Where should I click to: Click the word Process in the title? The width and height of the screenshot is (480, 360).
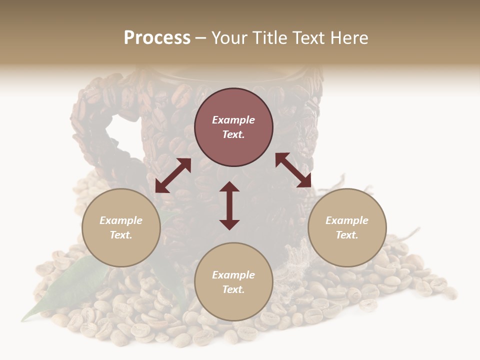pyautogui.click(x=157, y=38)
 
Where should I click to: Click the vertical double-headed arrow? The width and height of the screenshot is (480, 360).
pyautogui.click(x=229, y=206)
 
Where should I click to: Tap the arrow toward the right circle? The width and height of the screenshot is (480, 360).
pyautogui.click(x=293, y=170)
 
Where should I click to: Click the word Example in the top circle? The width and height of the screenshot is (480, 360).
pyautogui.click(x=233, y=120)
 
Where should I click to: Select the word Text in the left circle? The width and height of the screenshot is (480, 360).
pyautogui.click(x=121, y=235)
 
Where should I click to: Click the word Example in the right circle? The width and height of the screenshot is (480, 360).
pyautogui.click(x=347, y=220)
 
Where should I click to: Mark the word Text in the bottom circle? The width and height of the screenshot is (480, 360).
pyautogui.click(x=233, y=289)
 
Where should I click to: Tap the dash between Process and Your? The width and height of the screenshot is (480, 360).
pyautogui.click(x=201, y=38)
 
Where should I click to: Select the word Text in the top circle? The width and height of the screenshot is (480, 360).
pyautogui.click(x=233, y=134)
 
